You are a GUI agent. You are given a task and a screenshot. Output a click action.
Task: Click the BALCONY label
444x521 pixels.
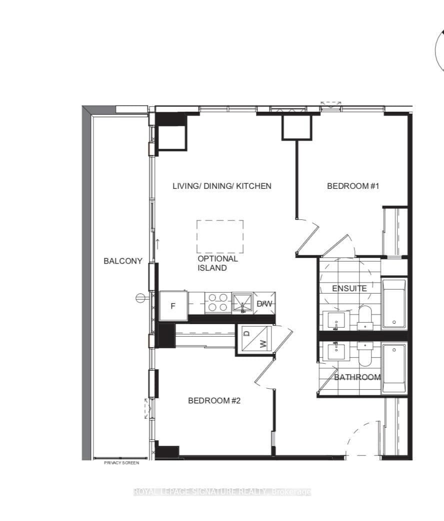click(x=122, y=261)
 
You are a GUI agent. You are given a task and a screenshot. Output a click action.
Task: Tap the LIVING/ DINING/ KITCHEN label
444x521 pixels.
click(x=222, y=186)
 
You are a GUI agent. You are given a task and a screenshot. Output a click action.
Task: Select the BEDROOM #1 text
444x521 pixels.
click(x=353, y=186)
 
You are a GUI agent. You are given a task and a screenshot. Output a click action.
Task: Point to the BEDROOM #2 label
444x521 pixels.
click(x=214, y=400)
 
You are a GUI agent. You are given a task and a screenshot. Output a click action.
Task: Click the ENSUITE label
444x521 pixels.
click(x=349, y=288)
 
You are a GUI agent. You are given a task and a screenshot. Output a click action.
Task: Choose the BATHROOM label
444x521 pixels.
click(x=357, y=377)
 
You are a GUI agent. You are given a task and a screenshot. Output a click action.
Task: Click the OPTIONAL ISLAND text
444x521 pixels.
click(x=217, y=263)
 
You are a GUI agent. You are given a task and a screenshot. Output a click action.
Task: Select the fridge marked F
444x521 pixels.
click(x=173, y=306)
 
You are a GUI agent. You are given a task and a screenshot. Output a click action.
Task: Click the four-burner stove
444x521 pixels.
click(x=218, y=303)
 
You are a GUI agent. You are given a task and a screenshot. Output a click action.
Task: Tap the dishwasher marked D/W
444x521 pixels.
click(x=264, y=303)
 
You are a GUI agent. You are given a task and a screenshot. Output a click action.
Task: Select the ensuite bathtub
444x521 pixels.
click(x=394, y=304)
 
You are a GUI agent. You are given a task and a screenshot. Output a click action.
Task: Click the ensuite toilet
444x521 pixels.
click(x=365, y=318)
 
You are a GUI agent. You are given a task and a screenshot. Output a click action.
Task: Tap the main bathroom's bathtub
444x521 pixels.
click(x=394, y=369)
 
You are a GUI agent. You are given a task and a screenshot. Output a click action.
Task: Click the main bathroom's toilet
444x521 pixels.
click(x=365, y=354)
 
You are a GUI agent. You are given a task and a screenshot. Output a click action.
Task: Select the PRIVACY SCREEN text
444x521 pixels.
click(x=121, y=463)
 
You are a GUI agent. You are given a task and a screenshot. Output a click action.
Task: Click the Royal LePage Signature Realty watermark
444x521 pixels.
click(x=222, y=492)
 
